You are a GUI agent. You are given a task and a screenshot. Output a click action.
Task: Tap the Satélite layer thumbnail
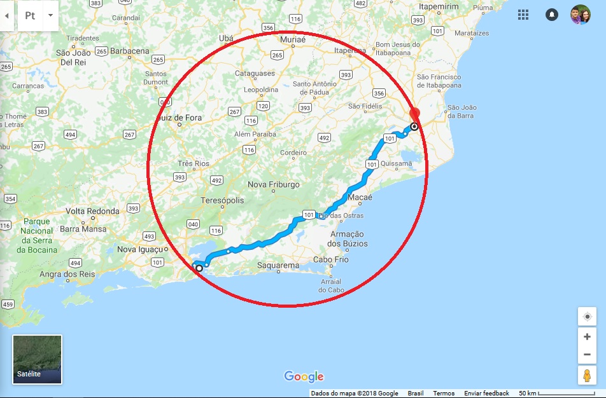pyautogui.click(x=37, y=359)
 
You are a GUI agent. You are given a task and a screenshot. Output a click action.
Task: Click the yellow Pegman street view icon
pyautogui.click(x=587, y=375)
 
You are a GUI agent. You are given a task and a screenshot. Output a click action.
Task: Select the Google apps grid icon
pyautogui.click(x=523, y=15)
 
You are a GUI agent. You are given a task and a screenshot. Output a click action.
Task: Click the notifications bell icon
pyautogui.click(x=552, y=15)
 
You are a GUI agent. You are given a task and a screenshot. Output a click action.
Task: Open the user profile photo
pyautogui.click(x=580, y=15)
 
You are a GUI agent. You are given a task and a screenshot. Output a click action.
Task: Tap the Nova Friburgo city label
pyautogui.click(x=273, y=184)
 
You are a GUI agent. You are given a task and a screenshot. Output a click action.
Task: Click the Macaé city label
pyautogui.click(x=360, y=197)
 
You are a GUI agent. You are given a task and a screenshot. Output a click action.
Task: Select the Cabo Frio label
pyautogui.click(x=332, y=259)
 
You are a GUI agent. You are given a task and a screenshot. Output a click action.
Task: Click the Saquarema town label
pyautogui.click(x=278, y=265)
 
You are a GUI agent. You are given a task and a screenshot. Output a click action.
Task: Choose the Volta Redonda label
pyautogui.click(x=92, y=211)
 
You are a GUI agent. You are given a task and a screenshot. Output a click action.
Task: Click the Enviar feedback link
pyautogui.click(x=486, y=394)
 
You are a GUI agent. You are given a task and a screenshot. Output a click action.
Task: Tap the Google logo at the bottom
pyautogui.click(x=304, y=376)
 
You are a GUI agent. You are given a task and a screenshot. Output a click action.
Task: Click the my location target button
pyautogui.click(x=587, y=316)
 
